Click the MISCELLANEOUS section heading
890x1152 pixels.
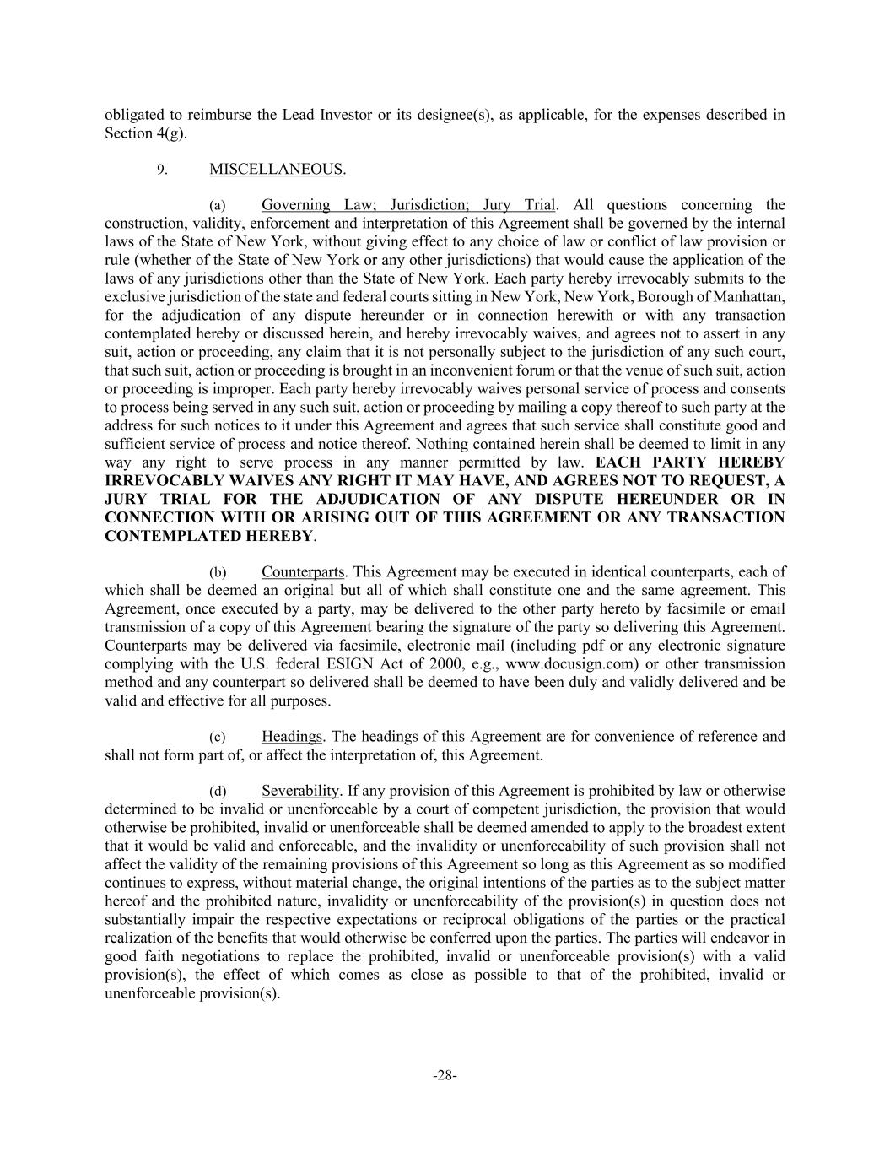[276, 170]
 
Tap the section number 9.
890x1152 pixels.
[162, 170]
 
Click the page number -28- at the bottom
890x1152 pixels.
[445, 1075]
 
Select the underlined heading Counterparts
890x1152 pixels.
[303, 572]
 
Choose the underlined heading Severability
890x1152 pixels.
[300, 792]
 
